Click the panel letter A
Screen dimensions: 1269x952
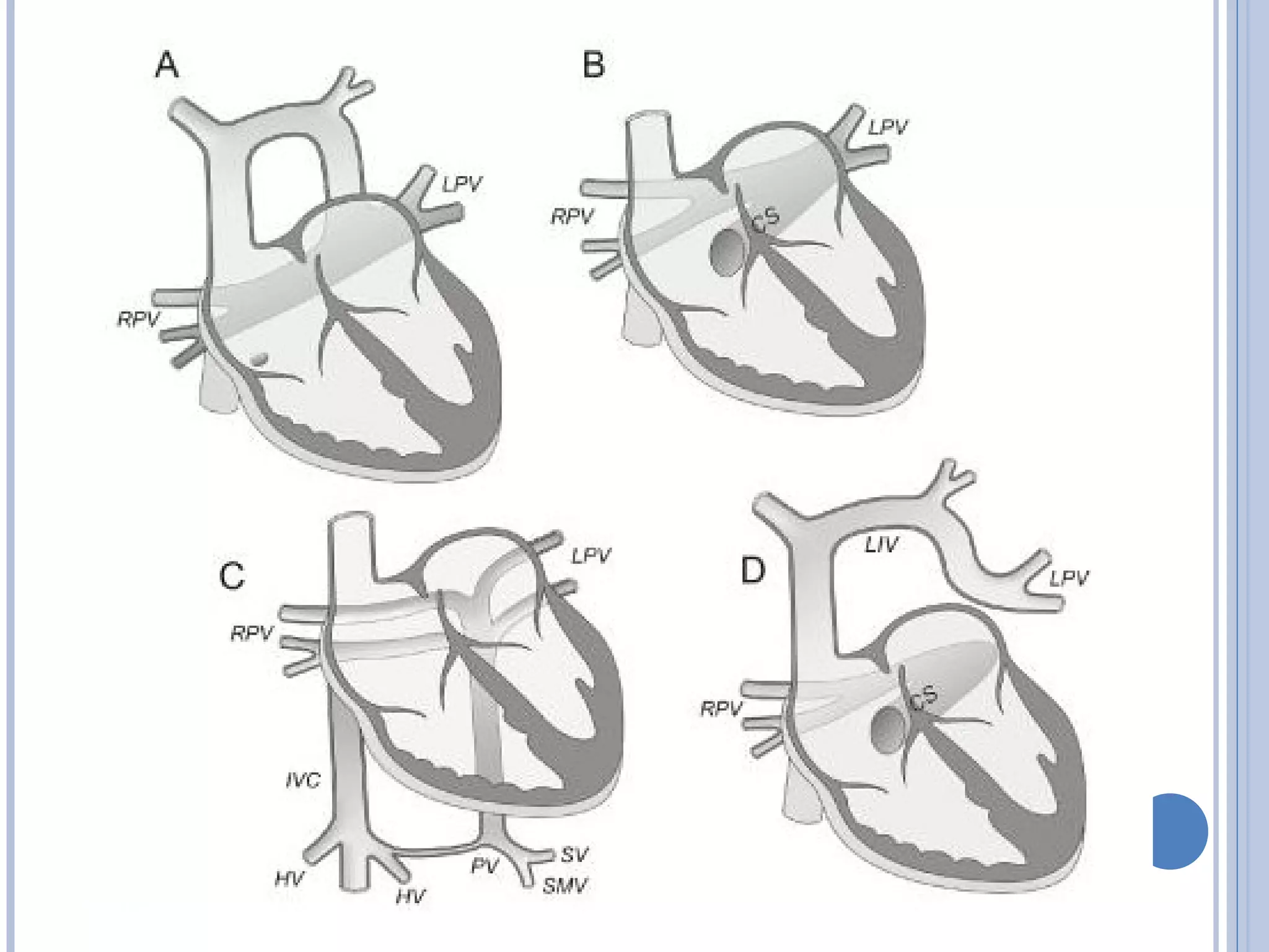point(167,64)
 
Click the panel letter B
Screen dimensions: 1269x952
point(594,64)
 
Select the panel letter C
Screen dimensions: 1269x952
point(232,575)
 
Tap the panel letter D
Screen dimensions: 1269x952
point(753,570)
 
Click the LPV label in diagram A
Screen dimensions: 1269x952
point(462,184)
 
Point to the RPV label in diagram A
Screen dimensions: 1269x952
point(139,319)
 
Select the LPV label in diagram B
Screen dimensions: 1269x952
point(887,128)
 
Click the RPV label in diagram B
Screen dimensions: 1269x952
point(573,217)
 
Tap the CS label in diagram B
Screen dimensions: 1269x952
point(765,220)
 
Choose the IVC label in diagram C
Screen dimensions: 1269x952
point(303,780)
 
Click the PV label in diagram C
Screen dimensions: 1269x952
point(484,866)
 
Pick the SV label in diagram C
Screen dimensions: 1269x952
point(574,855)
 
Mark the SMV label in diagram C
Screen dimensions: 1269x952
point(564,886)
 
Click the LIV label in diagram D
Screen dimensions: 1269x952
point(881,545)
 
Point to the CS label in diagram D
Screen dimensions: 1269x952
point(924,698)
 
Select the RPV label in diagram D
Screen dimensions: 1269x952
point(721,708)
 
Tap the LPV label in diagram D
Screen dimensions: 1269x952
point(1069,578)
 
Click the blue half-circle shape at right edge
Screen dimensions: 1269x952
point(1179,831)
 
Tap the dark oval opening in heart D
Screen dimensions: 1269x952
point(889,731)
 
